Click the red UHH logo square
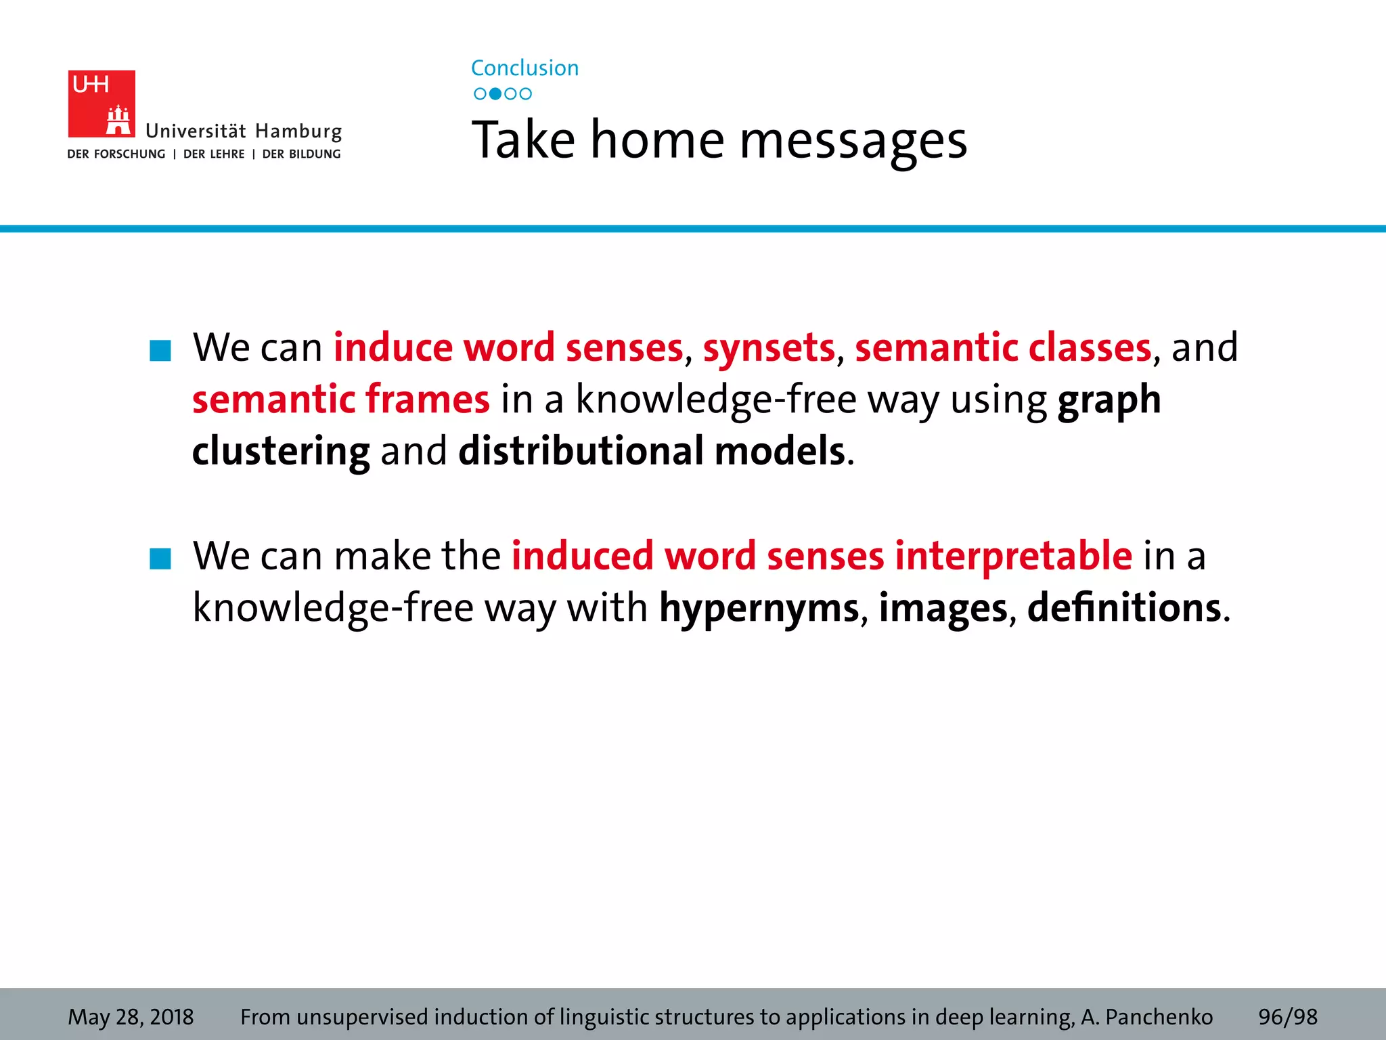coord(102,104)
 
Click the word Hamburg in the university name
coord(298,131)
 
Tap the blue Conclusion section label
coord(524,68)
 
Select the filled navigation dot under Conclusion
coord(495,93)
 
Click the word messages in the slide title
coord(853,141)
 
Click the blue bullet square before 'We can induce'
coord(160,350)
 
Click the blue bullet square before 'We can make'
coord(160,559)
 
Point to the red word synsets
coord(769,348)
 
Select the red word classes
coord(1090,347)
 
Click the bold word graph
coord(1109,400)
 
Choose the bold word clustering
coord(281,452)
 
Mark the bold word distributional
coord(581,451)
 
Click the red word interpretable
coord(1013,557)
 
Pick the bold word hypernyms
coord(759,609)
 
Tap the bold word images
coord(943,609)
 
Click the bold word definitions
coord(1124,607)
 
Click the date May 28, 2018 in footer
coord(131,1016)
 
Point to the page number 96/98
coord(1287,1016)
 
